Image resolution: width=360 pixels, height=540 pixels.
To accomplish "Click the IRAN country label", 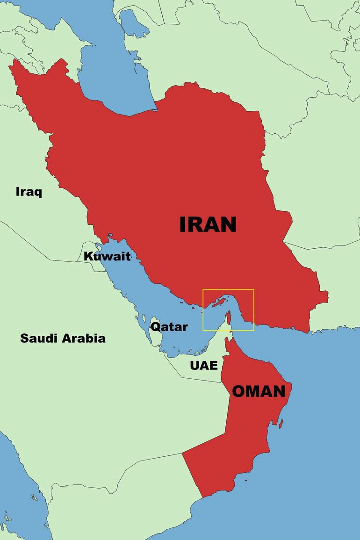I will point(208,224).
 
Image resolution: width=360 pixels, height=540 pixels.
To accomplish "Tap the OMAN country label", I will point(259,391).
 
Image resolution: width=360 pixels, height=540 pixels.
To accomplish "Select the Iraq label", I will point(29,192).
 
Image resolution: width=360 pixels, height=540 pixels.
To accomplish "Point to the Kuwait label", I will point(107,256).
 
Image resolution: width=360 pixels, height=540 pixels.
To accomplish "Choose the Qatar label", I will point(169,327).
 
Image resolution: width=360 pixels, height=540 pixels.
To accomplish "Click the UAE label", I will point(204,365).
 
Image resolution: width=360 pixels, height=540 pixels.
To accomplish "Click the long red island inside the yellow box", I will point(216,303).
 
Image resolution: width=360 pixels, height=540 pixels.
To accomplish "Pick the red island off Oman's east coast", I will point(281,424).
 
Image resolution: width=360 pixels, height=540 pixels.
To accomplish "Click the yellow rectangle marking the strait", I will point(228,289).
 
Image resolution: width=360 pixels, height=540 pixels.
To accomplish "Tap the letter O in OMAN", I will point(239,391).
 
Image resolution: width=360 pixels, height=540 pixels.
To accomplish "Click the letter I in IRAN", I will point(183,224).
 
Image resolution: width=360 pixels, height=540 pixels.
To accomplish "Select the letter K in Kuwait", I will point(88,256).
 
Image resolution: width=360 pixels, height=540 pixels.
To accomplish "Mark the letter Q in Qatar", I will point(155,327).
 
